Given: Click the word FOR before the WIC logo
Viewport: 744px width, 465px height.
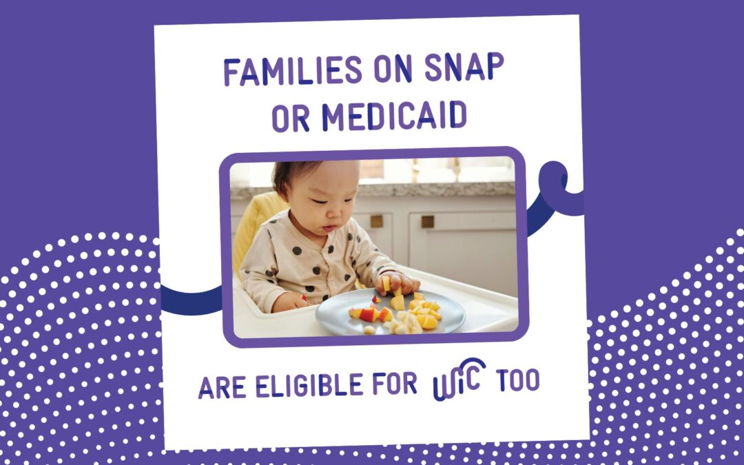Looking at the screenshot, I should point(395,384).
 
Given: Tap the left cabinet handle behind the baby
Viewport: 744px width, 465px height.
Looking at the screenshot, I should point(377,221).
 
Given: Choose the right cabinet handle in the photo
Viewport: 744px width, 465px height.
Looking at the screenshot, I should point(428,221).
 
